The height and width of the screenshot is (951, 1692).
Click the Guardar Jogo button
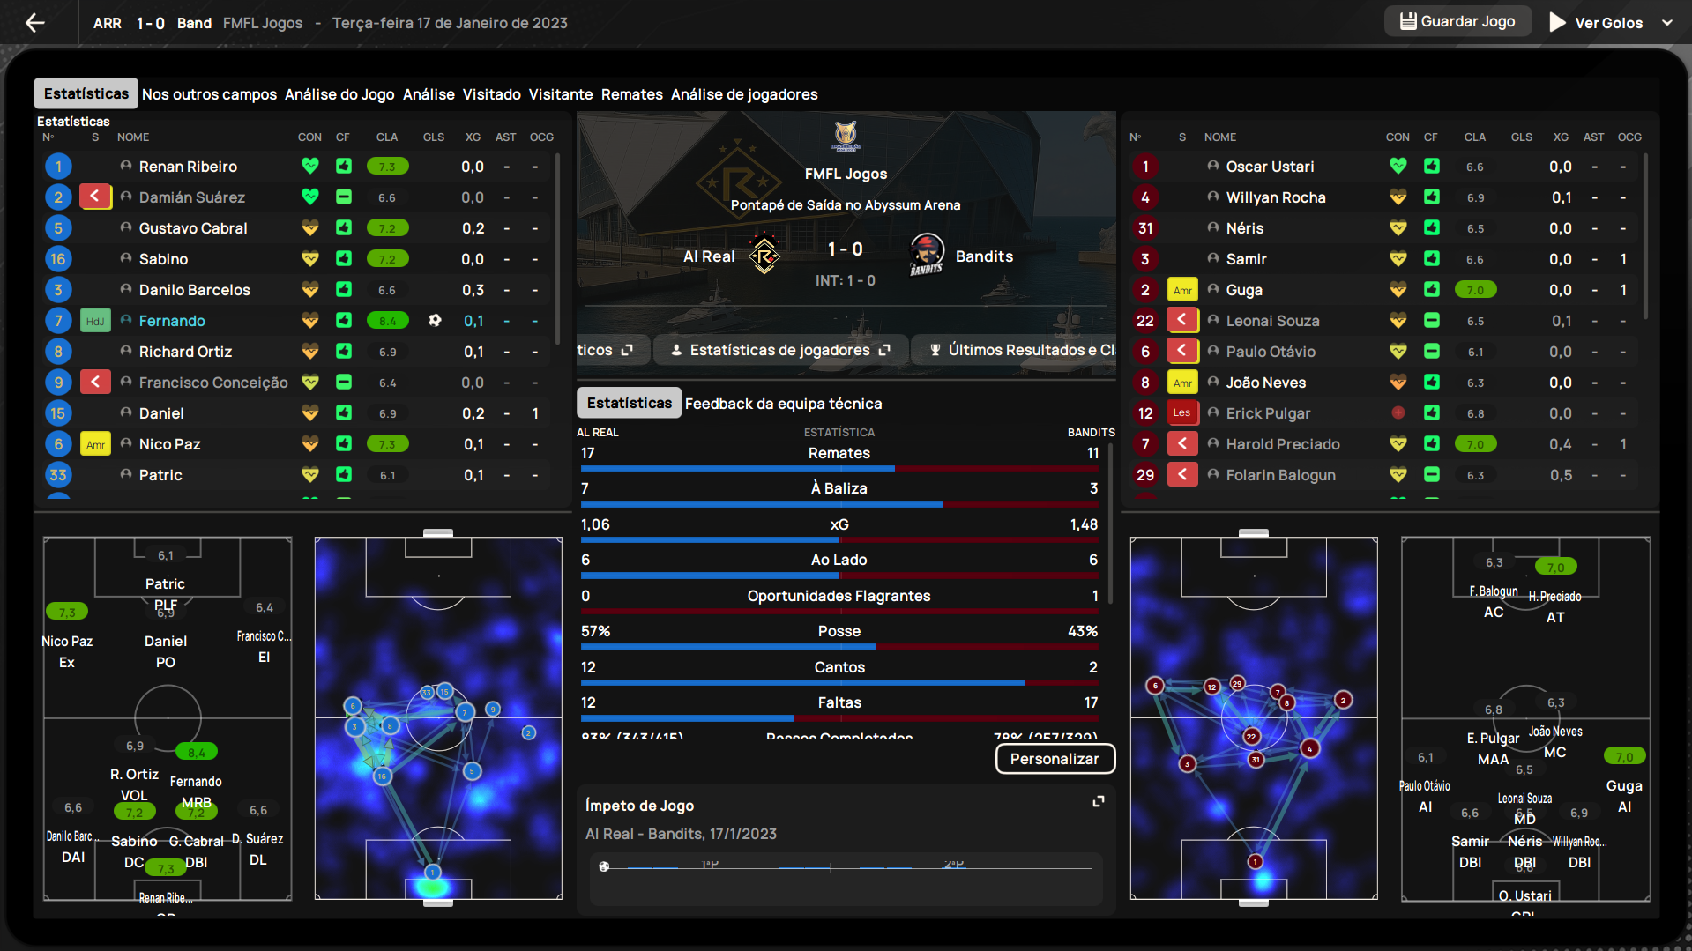click(1457, 22)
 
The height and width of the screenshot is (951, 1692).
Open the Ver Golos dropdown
click(1666, 23)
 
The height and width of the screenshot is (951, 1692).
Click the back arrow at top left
click(35, 23)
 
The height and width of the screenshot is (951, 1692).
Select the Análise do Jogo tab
click(339, 94)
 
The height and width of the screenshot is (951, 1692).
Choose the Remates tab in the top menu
click(631, 94)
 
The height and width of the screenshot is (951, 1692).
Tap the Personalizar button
click(1055, 759)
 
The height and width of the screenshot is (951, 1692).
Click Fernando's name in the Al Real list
click(172, 321)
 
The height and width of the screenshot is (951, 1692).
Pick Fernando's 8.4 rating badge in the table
click(387, 321)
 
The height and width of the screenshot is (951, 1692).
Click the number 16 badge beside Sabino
click(58, 259)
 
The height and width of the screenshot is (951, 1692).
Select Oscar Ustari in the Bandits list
click(1270, 167)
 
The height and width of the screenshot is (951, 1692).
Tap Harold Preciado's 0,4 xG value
click(1560, 444)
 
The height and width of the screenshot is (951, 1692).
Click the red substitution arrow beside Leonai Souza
click(1181, 321)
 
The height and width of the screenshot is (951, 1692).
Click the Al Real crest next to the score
click(764, 256)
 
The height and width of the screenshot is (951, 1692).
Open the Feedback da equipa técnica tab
click(783, 404)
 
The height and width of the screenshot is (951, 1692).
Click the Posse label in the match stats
click(839, 631)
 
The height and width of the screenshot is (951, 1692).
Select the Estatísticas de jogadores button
click(780, 350)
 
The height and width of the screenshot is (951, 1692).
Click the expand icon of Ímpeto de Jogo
click(1099, 801)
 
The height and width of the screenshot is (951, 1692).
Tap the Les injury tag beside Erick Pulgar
click(1181, 413)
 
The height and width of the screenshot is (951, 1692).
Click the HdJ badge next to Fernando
click(95, 321)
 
